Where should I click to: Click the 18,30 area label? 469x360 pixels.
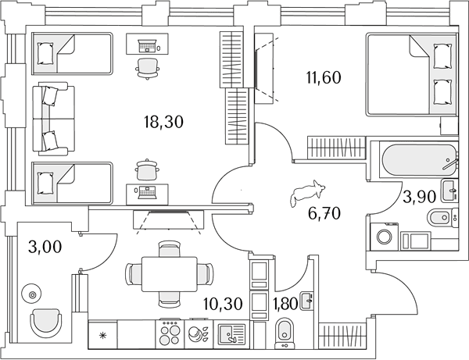163,122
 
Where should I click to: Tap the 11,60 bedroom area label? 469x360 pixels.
324,77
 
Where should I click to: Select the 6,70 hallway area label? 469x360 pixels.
324,214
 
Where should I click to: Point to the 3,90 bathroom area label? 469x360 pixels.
419,197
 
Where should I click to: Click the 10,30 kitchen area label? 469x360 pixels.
223,304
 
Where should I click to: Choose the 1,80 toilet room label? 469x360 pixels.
285,304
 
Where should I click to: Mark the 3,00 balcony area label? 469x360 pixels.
45,247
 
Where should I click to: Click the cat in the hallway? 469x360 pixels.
307,193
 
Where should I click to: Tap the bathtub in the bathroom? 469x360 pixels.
419,161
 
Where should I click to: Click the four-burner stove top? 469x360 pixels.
170,333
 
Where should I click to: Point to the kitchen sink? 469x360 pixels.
232,333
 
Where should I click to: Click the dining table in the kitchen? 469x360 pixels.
170,274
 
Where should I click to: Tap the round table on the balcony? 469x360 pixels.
32,294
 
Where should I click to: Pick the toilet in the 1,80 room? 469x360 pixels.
285,333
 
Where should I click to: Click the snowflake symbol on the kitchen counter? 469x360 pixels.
102,336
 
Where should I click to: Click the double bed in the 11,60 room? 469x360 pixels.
411,74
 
